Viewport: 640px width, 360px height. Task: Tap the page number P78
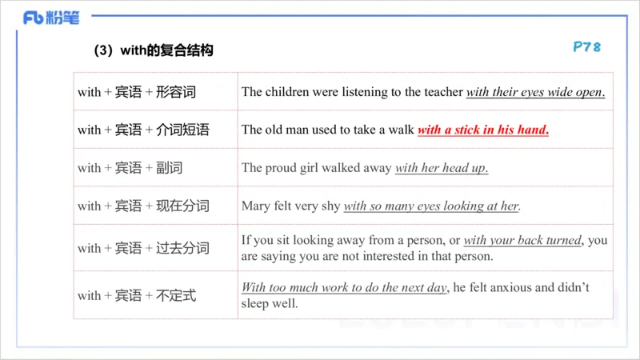point(586,47)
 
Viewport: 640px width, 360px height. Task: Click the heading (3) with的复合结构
point(154,50)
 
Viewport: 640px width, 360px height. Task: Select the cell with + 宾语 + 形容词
point(137,92)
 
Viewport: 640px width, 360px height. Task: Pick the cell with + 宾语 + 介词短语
point(143,130)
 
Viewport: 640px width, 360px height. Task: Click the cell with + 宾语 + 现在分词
point(143,206)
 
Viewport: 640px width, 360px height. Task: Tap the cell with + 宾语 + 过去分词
point(143,248)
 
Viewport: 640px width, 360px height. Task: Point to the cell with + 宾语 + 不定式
point(137,296)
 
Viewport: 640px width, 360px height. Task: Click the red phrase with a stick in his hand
point(483,130)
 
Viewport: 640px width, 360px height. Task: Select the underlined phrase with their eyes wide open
point(535,92)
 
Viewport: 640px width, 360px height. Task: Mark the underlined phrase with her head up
point(442,168)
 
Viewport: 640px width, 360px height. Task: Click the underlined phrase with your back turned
point(522,240)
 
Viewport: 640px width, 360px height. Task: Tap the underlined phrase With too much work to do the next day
point(344,288)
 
